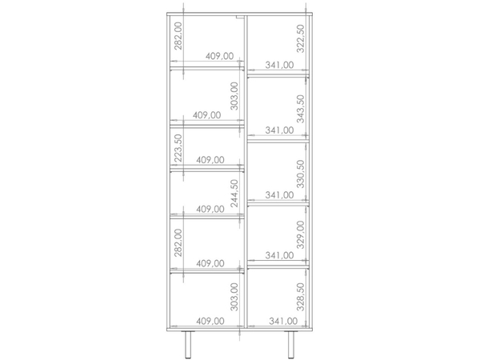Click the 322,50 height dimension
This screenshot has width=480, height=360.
[x=301, y=38]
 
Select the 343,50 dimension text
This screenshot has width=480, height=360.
[x=301, y=109]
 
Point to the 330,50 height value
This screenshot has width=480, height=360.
[x=301, y=174]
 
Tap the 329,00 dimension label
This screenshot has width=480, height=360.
[x=301, y=234]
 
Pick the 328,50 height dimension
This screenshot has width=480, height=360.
[x=301, y=297]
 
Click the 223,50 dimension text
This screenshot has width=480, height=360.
[x=178, y=148]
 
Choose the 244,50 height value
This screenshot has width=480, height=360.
[x=234, y=194]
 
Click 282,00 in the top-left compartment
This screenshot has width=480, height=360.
[x=178, y=36]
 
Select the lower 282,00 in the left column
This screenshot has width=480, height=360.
[x=178, y=242]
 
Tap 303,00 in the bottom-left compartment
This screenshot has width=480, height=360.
[x=234, y=297]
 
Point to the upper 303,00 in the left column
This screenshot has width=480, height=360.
[x=234, y=96]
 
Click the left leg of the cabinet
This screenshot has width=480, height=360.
[x=188, y=345]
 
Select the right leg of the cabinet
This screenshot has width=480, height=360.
[x=291, y=345]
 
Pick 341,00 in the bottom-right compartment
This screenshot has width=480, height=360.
[x=283, y=321]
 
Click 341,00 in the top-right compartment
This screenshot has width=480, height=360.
[x=279, y=65]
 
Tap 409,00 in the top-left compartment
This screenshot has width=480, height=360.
[x=219, y=56]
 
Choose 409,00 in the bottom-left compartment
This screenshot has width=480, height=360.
[x=210, y=321]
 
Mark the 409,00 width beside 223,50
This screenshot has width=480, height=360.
[x=210, y=160]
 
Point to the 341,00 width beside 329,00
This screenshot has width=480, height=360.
[x=279, y=255]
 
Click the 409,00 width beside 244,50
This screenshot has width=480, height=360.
[x=210, y=210]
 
